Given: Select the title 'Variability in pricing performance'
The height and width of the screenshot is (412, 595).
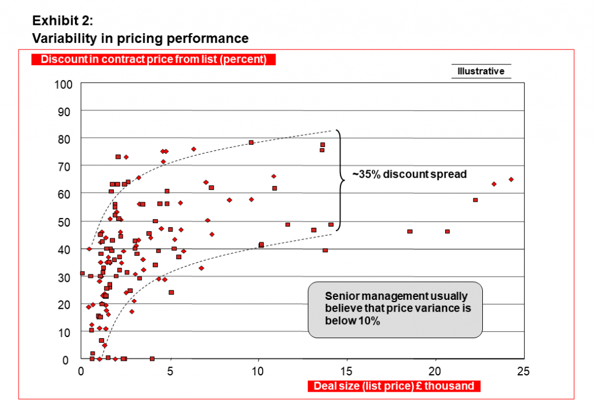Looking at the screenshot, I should pyautogui.click(x=140, y=39).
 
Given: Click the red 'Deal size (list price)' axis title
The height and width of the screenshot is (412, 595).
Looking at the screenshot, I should pyautogui.click(x=393, y=386).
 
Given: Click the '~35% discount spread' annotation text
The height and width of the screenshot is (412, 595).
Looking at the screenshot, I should pyautogui.click(x=410, y=174).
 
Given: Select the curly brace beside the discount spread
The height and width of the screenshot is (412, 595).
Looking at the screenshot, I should pyautogui.click(x=340, y=180).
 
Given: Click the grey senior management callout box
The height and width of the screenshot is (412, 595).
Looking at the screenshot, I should pyautogui.click(x=395, y=309).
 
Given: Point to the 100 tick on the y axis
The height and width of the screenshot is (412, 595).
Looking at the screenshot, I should pyautogui.click(x=63, y=85).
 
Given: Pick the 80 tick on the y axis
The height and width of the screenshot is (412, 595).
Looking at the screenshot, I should pyautogui.click(x=66, y=140).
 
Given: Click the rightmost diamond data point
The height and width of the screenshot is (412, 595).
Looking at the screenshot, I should pyautogui.click(x=511, y=180).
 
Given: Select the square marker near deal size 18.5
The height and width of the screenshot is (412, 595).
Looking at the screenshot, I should pyautogui.click(x=410, y=231).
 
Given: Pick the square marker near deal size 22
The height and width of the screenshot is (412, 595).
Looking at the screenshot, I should pyautogui.click(x=475, y=200).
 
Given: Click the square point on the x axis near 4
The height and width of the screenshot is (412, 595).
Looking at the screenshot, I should pyautogui.click(x=152, y=359).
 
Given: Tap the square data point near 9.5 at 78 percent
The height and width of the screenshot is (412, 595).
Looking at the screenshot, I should pyautogui.click(x=251, y=142).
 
